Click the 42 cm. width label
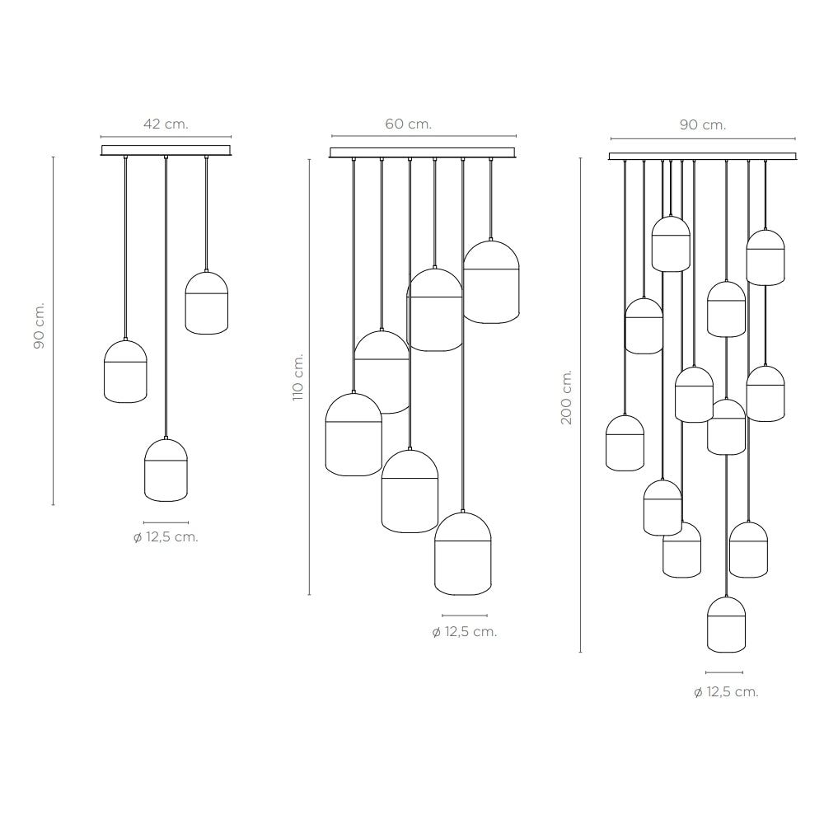coord(166,124)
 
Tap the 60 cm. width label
coord(409,124)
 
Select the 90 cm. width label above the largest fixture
coord(703,125)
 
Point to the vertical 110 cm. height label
coord(298,377)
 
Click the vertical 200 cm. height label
coord(567,397)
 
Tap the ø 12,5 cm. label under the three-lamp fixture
coord(166,537)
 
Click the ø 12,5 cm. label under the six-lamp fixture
coord(465,632)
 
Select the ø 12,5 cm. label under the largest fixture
coord(726,692)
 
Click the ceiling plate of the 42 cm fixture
coord(166,151)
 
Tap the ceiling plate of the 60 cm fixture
coord(422,152)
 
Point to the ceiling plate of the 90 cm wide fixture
coord(703,156)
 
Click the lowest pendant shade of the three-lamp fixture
coord(166,470)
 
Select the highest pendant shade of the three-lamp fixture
coord(207,302)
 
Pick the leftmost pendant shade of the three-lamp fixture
coord(125,372)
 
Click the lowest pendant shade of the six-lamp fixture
coord(463,554)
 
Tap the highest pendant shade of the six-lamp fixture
coord(491,282)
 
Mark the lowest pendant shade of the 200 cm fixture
coord(726,625)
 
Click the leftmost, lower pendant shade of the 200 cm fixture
coord(625,443)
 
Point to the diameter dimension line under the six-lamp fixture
coord(465,616)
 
